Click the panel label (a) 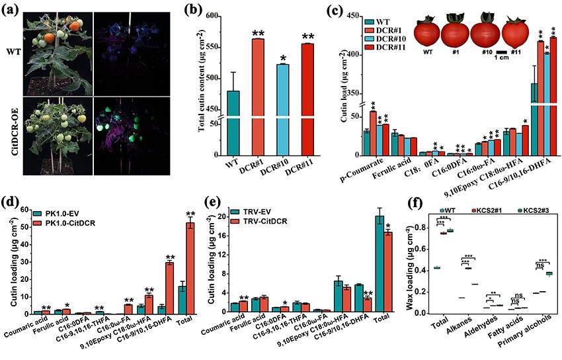[11, 9]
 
